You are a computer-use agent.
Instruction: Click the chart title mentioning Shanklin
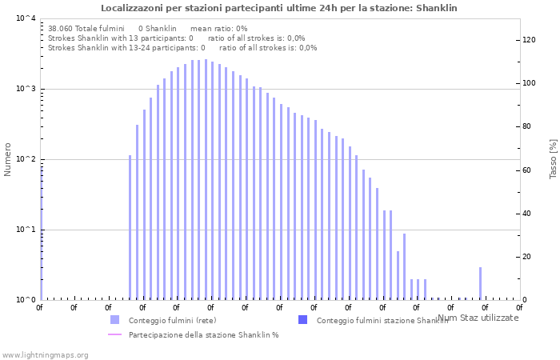(279, 8)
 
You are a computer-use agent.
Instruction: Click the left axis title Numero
(8, 159)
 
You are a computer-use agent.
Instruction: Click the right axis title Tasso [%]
(553, 158)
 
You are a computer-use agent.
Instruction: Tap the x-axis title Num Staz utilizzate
(478, 318)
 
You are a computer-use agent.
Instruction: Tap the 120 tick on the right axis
(529, 40)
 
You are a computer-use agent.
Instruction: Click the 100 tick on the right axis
(529, 83)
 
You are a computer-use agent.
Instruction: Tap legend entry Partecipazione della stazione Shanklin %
(203, 334)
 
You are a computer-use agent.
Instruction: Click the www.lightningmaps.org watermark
(45, 354)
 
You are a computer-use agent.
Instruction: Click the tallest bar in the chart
(206, 179)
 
